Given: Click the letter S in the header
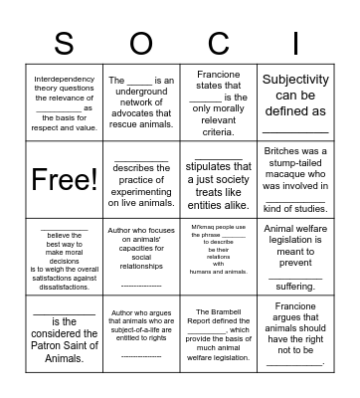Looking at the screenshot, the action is click(x=64, y=44).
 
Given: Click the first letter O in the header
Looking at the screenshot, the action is click(x=141, y=44).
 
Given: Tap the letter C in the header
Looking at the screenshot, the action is click(x=219, y=44).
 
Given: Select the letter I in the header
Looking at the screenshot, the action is click(x=296, y=44).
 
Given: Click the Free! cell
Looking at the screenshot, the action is click(x=64, y=180).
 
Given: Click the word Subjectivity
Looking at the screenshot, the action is click(x=295, y=86).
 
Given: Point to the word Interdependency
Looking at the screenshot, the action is click(x=64, y=77).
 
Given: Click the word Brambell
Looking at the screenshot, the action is click(x=219, y=310).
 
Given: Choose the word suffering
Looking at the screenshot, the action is click(x=295, y=284).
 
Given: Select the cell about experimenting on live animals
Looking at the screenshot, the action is click(x=141, y=180).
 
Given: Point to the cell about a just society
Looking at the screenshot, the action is click(x=219, y=180).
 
